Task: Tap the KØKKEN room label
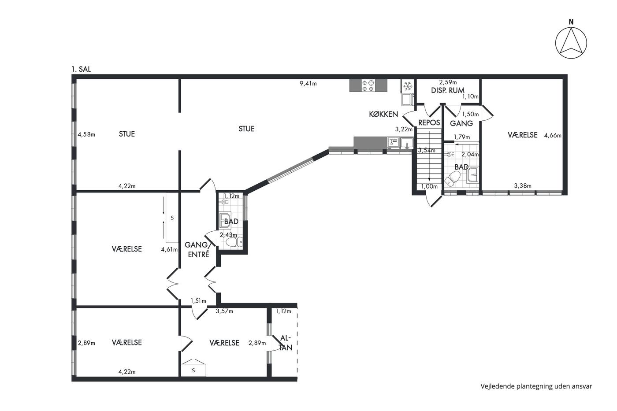[383, 114]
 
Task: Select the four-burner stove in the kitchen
[368, 85]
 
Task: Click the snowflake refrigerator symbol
[407, 86]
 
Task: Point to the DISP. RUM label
[448, 90]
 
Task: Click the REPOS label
[429, 122]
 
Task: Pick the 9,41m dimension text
[308, 83]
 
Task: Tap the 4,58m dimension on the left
[86, 134]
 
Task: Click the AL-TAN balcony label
[286, 343]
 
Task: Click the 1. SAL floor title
[81, 69]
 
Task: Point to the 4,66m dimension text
[553, 135]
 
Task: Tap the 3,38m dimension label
[523, 186]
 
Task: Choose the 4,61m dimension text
[169, 249]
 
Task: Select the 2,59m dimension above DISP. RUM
[448, 82]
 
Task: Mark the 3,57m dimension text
[224, 311]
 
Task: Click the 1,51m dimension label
[198, 301]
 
